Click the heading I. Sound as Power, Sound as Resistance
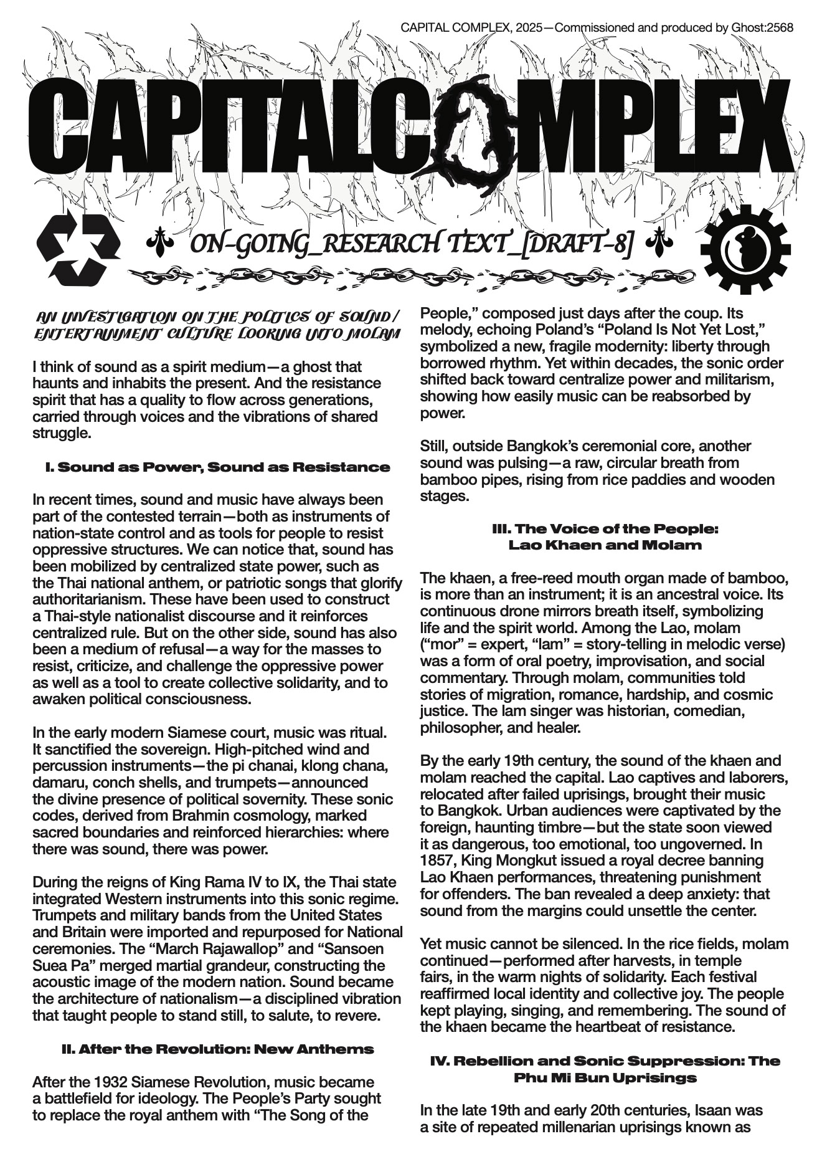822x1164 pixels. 218,467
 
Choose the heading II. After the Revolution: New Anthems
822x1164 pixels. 218,1049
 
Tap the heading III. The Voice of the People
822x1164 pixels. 605,528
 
